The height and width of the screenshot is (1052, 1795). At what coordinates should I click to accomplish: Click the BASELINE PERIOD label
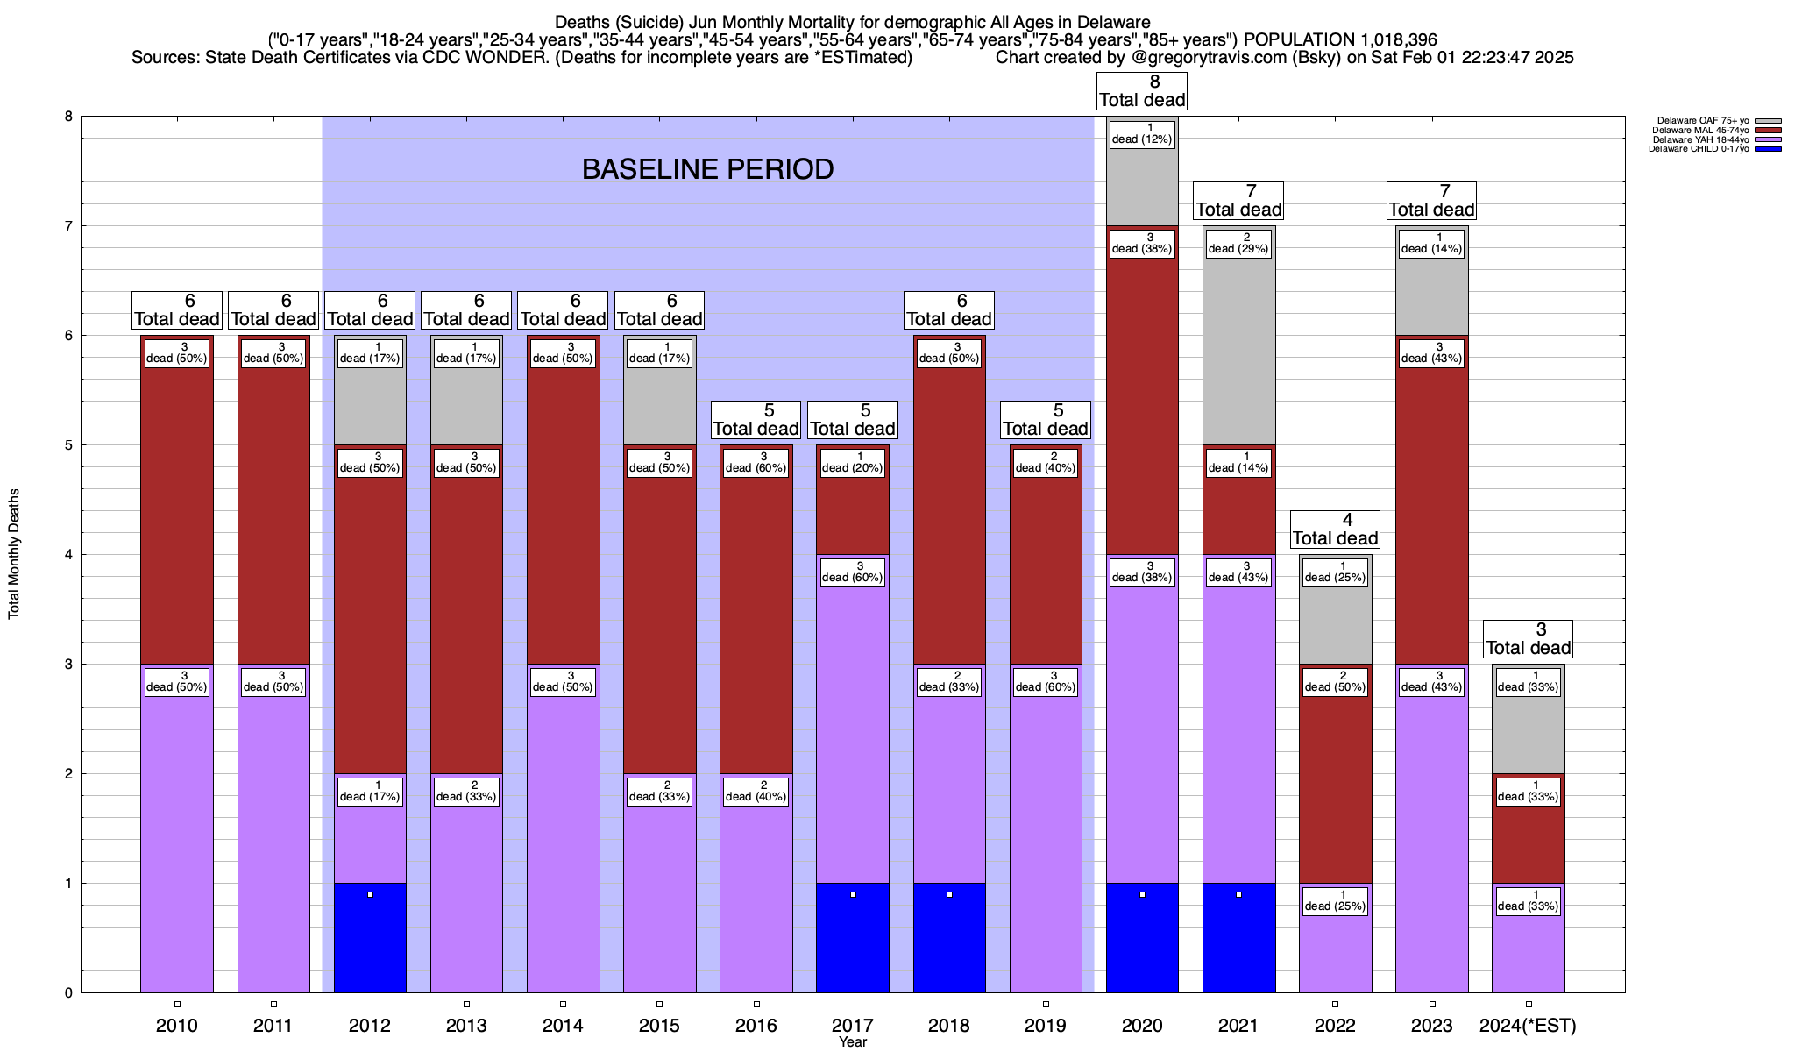click(707, 169)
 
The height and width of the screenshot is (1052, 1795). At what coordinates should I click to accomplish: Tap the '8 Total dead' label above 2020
click(1142, 91)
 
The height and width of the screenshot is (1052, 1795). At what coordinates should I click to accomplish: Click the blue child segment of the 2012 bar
click(370, 937)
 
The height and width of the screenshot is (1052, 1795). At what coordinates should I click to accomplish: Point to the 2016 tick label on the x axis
click(756, 1026)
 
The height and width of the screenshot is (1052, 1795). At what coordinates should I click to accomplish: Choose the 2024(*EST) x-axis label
click(1528, 1026)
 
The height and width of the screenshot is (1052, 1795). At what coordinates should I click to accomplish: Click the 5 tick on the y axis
click(67, 445)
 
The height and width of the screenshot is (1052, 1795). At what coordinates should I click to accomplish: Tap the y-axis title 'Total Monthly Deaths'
click(14, 554)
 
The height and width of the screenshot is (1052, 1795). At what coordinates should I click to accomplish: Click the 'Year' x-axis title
click(852, 1042)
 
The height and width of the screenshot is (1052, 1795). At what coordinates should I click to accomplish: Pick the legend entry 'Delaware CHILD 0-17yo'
click(1698, 149)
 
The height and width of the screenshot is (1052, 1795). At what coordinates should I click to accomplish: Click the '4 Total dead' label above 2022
click(1335, 530)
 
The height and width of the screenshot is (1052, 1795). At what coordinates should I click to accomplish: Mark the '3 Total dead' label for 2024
click(1529, 639)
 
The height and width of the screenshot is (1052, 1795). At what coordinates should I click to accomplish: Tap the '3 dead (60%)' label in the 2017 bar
click(852, 572)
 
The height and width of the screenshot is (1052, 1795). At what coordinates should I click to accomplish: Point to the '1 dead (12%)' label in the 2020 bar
click(1141, 134)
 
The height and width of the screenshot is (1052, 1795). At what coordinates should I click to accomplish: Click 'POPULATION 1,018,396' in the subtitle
click(1340, 40)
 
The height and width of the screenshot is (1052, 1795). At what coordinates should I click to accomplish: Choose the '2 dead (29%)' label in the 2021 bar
click(1238, 244)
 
